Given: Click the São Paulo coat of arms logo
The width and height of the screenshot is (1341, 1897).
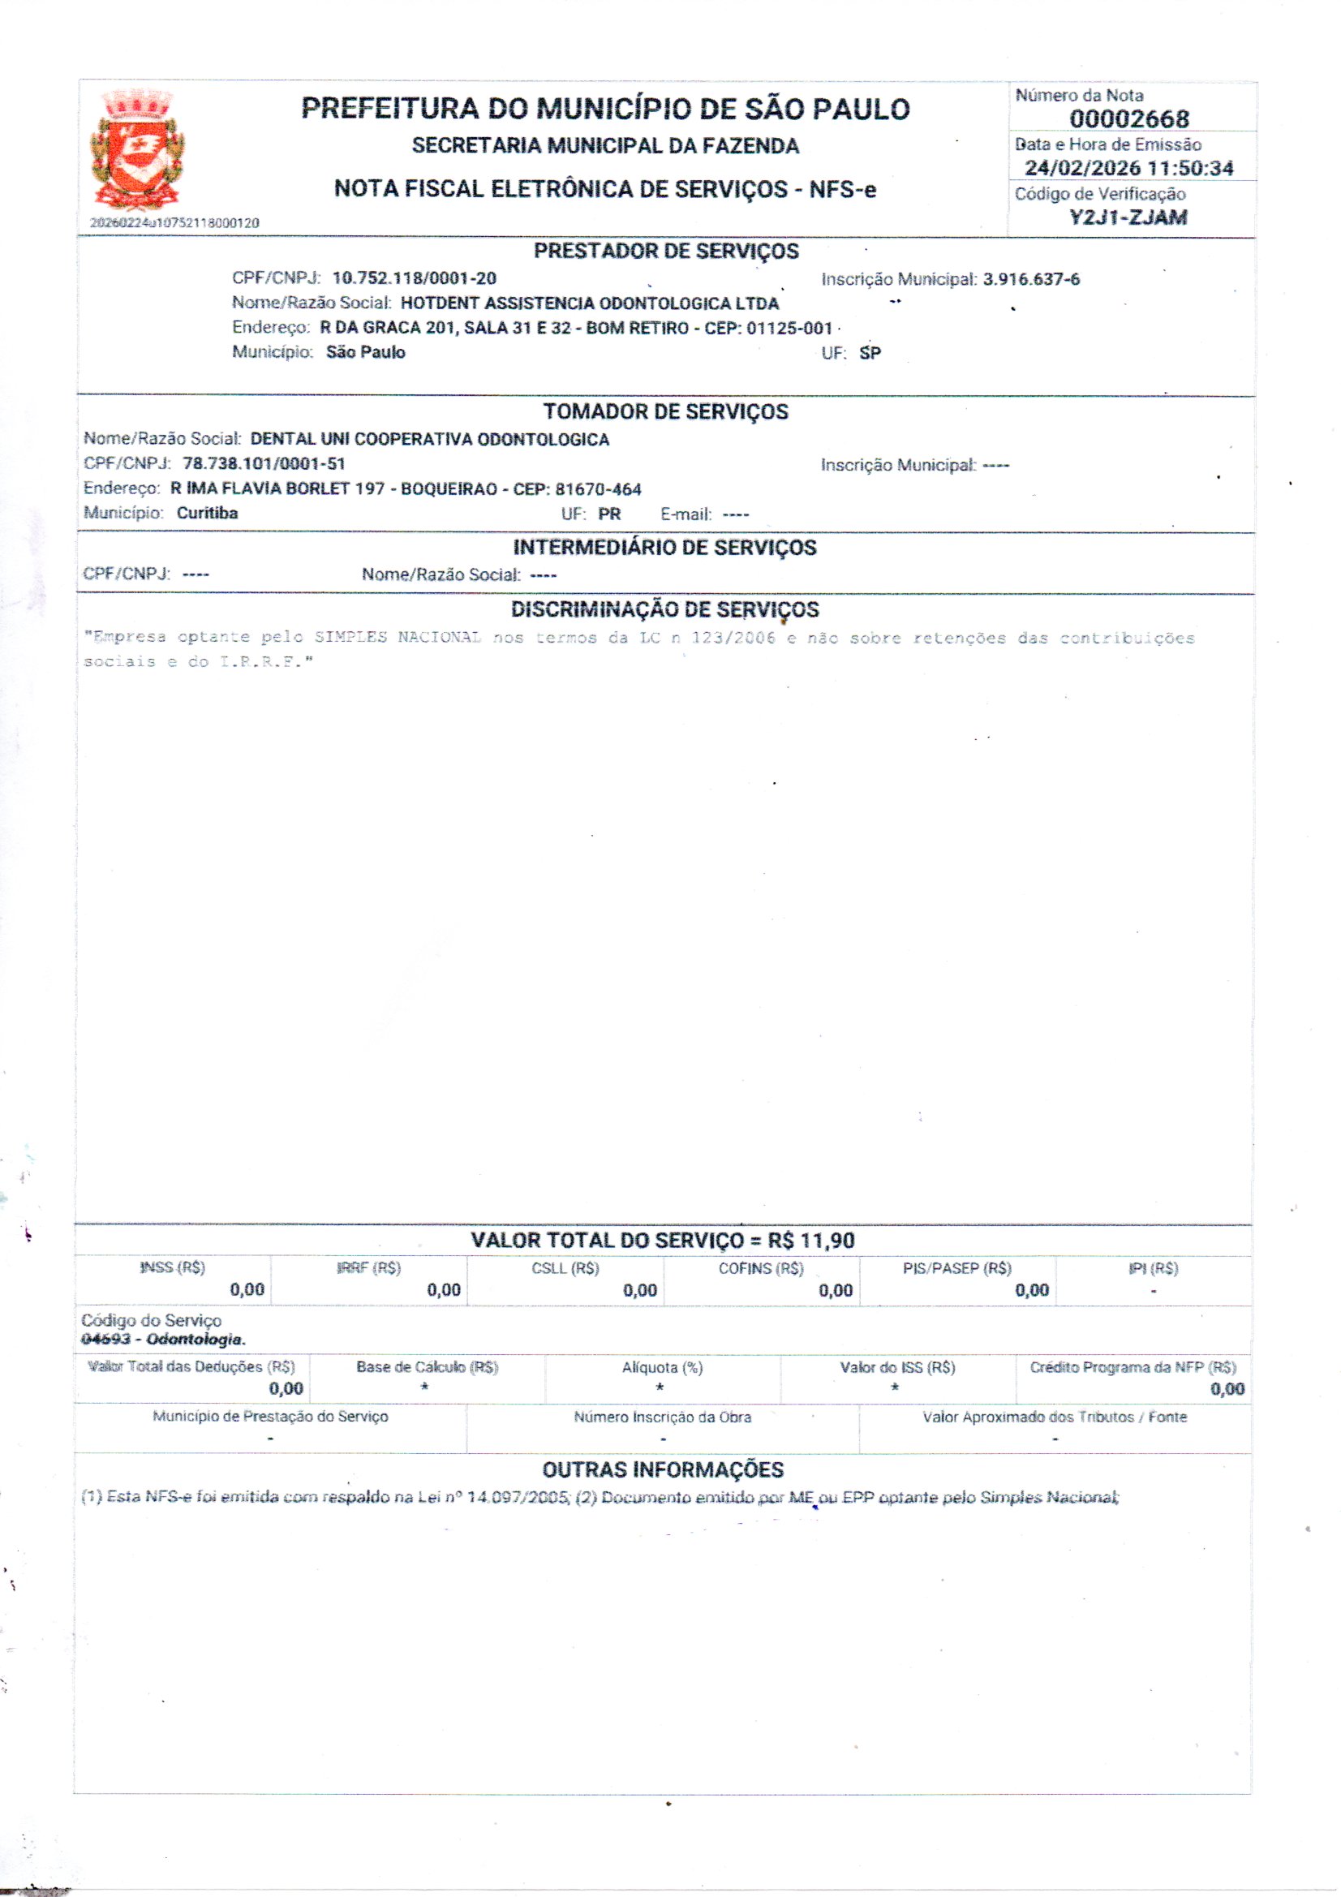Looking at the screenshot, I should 138,150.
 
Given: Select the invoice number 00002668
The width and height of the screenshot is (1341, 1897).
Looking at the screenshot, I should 1128,119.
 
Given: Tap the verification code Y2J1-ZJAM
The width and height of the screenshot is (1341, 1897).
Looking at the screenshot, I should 1128,217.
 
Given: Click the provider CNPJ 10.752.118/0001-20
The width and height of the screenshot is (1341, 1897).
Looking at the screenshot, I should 414,278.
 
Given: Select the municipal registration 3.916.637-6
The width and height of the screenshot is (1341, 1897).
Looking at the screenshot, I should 1031,279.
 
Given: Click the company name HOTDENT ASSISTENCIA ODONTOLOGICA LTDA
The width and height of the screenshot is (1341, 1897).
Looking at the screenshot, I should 589,303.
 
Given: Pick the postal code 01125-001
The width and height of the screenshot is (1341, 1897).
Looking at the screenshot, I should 789,328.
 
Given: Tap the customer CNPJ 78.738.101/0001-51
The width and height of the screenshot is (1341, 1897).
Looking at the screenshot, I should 264,463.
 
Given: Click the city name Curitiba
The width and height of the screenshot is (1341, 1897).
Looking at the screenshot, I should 208,513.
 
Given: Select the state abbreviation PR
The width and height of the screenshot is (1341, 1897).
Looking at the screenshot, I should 609,514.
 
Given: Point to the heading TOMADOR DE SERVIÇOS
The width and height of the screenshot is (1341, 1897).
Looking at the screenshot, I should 665,411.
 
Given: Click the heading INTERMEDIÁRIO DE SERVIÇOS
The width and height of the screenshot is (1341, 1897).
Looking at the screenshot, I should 664,548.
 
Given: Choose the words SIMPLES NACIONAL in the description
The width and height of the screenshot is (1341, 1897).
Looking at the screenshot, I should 398,637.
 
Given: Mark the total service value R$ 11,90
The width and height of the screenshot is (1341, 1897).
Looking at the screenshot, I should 810,1240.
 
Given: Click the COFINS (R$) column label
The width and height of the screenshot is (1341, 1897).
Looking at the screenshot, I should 760,1268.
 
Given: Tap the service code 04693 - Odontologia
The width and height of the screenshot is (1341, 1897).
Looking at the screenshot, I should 163,1340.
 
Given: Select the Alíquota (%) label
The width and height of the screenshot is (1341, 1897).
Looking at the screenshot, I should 662,1367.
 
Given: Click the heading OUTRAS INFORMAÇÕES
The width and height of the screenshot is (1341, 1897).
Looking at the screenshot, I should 663,1470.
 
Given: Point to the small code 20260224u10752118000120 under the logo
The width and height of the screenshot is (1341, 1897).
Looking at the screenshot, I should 174,223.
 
